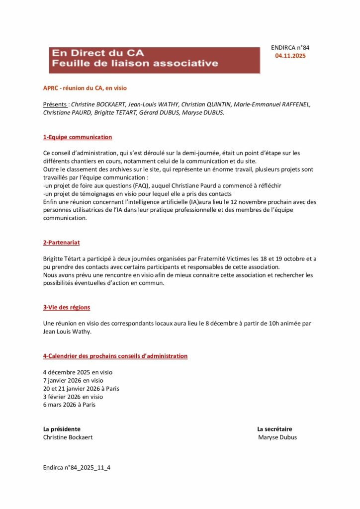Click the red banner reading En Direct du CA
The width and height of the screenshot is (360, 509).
tap(154, 60)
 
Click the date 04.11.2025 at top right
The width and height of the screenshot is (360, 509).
tap(290, 56)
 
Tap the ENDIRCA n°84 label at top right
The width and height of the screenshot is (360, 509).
tap(290, 48)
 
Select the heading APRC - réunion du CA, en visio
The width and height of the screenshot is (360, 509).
tap(85, 88)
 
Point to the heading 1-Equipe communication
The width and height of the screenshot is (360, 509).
tap(78, 137)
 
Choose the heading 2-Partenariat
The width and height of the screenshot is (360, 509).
tap(62, 243)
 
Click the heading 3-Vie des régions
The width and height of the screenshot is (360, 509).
tap(67, 307)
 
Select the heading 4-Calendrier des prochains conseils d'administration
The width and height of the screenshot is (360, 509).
tap(115, 356)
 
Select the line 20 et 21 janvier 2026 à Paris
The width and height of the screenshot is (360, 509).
tap(81, 389)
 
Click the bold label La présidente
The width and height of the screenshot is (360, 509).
tap(62, 429)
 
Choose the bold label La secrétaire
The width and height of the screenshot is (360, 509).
tap(274, 429)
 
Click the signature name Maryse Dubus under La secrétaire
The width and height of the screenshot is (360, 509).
tap(277, 437)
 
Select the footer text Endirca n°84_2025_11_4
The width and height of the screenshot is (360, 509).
tap(77, 468)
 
